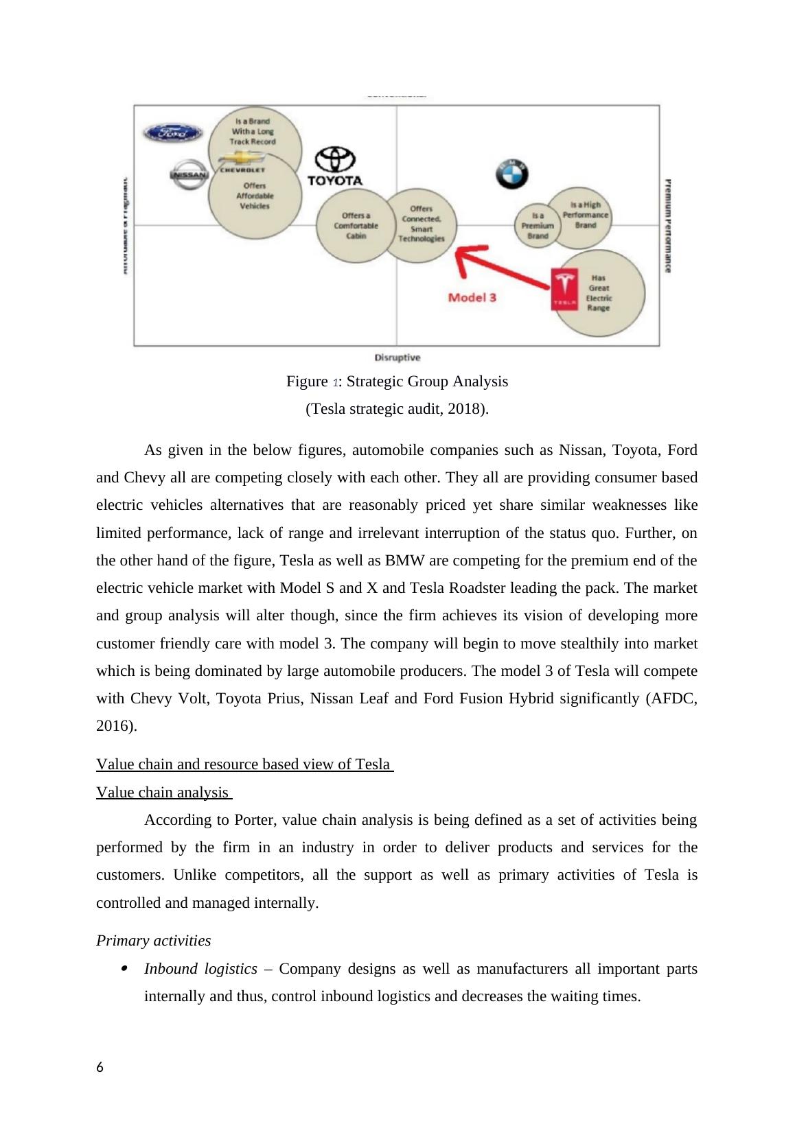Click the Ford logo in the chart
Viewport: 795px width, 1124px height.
click(172, 133)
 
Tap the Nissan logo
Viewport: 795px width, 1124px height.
click(188, 175)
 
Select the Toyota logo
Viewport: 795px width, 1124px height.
click(334, 166)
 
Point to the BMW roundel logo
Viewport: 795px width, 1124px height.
click(511, 174)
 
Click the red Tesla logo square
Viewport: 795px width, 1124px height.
click(565, 289)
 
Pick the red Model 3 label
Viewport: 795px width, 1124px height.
click(472, 297)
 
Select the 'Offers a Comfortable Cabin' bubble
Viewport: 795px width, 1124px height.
click(356, 226)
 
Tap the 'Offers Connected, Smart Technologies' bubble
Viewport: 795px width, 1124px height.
click(421, 224)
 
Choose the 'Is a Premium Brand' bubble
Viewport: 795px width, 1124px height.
click(537, 226)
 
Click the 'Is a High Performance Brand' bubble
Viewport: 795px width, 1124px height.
click(585, 215)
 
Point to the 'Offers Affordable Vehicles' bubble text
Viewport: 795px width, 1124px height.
click(255, 196)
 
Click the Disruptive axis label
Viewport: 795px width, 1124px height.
click(397, 358)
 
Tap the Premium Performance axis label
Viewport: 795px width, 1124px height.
click(667, 226)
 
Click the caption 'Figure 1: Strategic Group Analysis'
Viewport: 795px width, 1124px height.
click(397, 382)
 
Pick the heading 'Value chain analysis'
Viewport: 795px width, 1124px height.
click(163, 793)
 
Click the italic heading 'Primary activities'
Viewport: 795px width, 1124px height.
click(153, 940)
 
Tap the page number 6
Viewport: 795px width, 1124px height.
click(100, 1067)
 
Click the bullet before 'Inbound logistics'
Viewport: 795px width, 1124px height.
click(124, 969)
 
